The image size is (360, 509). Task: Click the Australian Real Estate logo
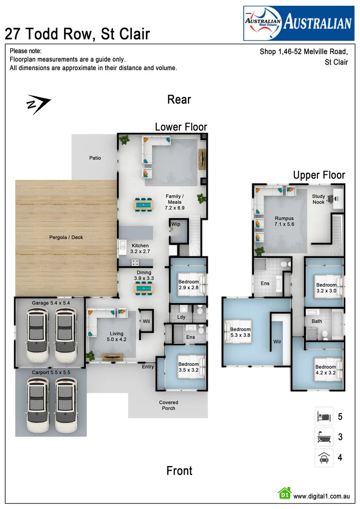click(298, 23)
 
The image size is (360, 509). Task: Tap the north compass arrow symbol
click(38, 105)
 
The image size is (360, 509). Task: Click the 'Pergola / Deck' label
click(66, 238)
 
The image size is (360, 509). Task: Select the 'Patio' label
click(95, 158)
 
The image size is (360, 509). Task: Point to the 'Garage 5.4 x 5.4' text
click(51, 303)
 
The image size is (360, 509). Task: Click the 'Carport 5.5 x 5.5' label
click(51, 372)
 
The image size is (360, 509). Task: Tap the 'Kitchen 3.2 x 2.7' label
click(140, 248)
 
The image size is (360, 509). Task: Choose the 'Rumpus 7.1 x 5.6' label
click(284, 221)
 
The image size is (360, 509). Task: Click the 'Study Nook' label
click(319, 199)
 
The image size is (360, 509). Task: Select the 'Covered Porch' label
click(168, 405)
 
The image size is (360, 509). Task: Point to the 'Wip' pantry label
click(176, 224)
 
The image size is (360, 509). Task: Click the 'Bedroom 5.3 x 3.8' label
click(241, 332)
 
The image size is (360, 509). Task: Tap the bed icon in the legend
click(324, 417)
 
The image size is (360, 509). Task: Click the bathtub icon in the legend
click(324, 437)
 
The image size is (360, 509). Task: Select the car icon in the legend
click(324, 457)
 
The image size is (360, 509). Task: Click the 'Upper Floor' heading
click(319, 175)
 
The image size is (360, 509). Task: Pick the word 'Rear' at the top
click(179, 99)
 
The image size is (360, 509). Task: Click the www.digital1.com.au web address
click(321, 496)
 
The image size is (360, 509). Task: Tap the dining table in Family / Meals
click(143, 205)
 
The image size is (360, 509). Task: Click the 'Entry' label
click(147, 367)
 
